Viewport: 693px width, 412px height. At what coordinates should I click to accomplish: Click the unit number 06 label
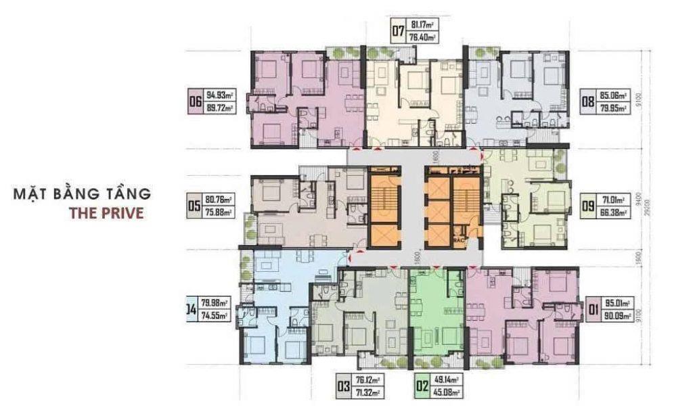coord(197,104)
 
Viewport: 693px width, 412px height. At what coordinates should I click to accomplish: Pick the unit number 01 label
coord(596,311)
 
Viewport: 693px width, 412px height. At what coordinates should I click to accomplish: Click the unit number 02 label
coord(422,388)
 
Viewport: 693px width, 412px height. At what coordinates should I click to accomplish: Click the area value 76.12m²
coord(370,382)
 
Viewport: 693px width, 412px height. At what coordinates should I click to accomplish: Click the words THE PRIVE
coord(106,212)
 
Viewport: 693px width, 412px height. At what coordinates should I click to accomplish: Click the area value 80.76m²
coord(218,200)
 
